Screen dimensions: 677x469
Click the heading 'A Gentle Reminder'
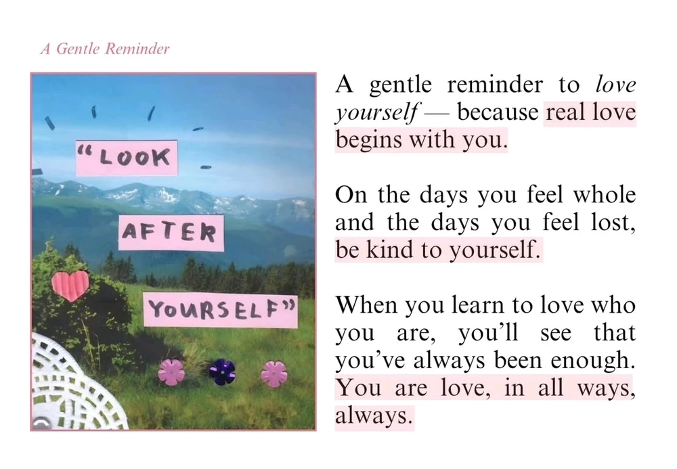(x=105, y=49)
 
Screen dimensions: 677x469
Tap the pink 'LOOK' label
(x=127, y=158)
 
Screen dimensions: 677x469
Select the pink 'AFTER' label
(x=171, y=233)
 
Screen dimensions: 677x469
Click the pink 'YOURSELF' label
(x=221, y=310)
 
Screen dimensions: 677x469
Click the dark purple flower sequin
(x=222, y=372)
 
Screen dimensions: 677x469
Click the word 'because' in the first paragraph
(x=498, y=112)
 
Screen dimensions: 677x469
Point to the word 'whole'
(x=605, y=195)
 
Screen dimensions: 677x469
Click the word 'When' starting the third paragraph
(x=366, y=305)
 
